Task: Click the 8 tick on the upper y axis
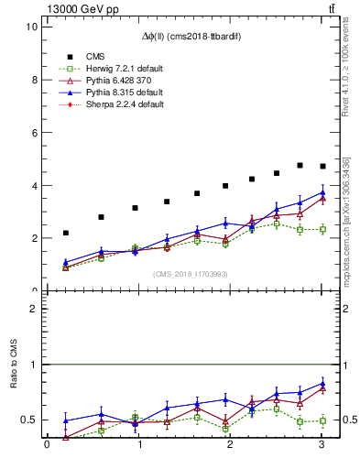pos(32,80)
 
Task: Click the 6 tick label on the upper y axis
pos(32,132)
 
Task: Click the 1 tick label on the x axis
pos(139,446)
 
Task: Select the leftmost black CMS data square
pos(65,233)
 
